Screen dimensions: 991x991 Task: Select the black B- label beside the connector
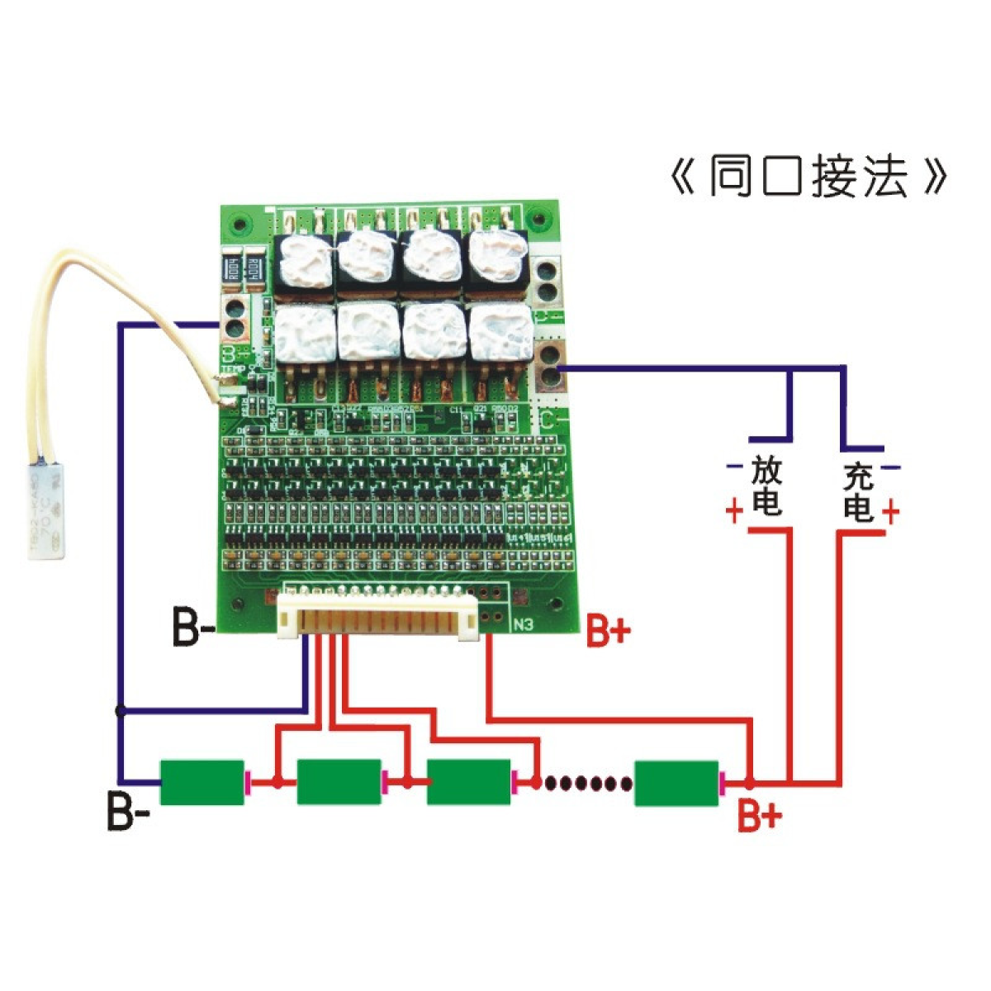click(193, 628)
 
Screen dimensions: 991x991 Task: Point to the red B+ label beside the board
click(609, 633)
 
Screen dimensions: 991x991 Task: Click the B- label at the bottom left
click(128, 812)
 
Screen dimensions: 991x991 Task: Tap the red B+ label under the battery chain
click(759, 817)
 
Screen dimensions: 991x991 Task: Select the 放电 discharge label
click(766, 488)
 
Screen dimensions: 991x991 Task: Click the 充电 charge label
click(859, 493)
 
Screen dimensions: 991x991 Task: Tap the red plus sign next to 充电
click(890, 513)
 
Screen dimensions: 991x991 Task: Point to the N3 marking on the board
click(524, 625)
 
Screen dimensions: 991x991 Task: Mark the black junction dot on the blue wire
click(121, 709)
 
